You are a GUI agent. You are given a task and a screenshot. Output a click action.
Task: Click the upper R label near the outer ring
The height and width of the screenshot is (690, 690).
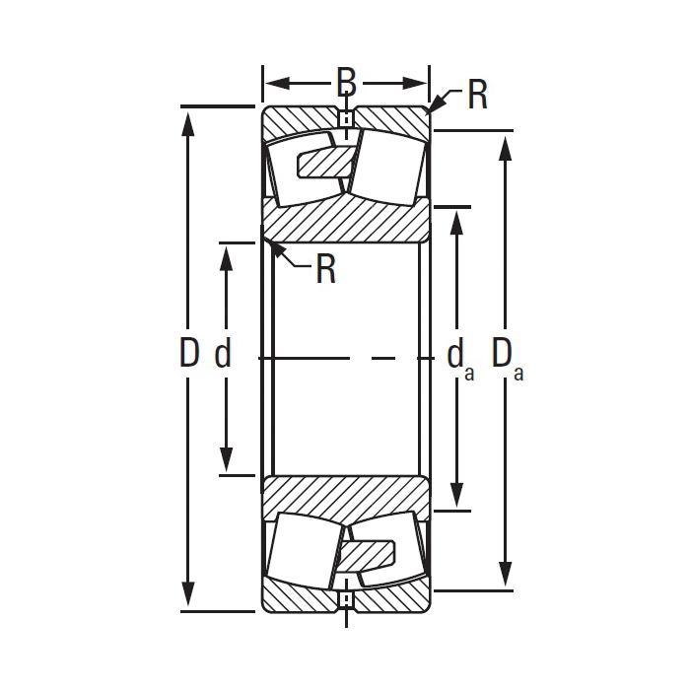[477, 96]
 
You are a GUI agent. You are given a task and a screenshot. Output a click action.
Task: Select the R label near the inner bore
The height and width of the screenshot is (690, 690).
[326, 269]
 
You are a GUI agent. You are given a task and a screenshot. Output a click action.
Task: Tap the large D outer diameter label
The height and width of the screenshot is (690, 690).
[189, 353]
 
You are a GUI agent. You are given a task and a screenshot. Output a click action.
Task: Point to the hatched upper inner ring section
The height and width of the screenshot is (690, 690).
[345, 219]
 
